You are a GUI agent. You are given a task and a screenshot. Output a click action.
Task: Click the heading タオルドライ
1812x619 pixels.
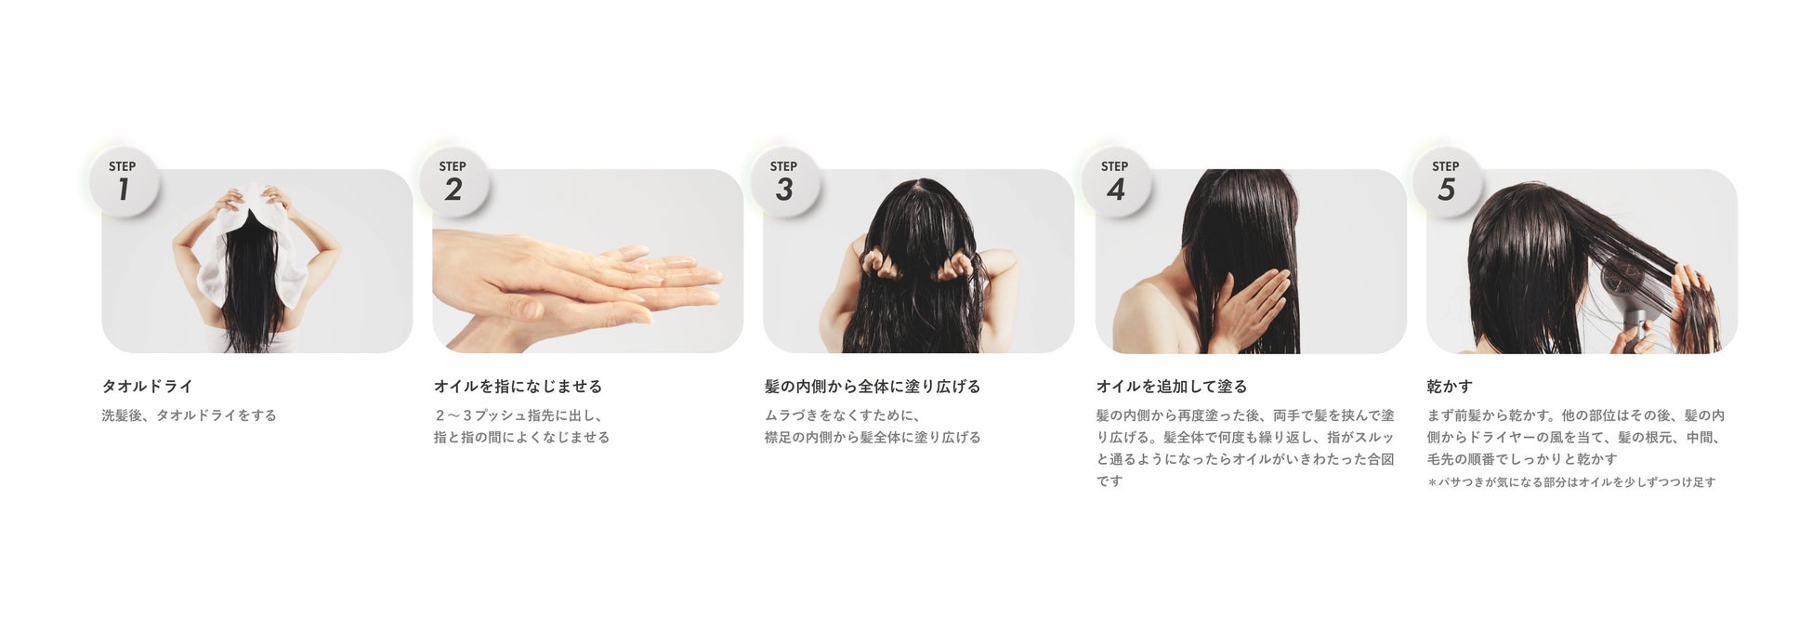pyautogui.click(x=147, y=386)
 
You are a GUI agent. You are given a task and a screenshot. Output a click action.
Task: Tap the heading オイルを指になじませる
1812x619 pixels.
pyautogui.click(x=519, y=386)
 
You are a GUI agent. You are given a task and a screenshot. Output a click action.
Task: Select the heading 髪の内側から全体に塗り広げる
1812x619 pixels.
pyautogui.click(x=873, y=386)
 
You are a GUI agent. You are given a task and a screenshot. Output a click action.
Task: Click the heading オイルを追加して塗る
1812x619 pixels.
pyautogui.click(x=1171, y=386)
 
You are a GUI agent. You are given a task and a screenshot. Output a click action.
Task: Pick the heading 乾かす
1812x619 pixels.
pyautogui.click(x=1450, y=386)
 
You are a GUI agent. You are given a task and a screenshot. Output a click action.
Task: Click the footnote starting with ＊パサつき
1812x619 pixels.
pyautogui.click(x=1571, y=482)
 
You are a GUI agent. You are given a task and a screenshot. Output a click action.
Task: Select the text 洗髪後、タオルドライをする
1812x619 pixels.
pyautogui.click(x=190, y=415)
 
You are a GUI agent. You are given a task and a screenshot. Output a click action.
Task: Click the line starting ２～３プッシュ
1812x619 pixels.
pyautogui.click(x=519, y=415)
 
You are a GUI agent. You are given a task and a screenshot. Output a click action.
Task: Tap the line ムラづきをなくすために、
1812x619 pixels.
pyautogui.click(x=843, y=415)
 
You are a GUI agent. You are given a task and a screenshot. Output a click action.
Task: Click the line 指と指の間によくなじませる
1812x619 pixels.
pyautogui.click(x=521, y=437)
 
